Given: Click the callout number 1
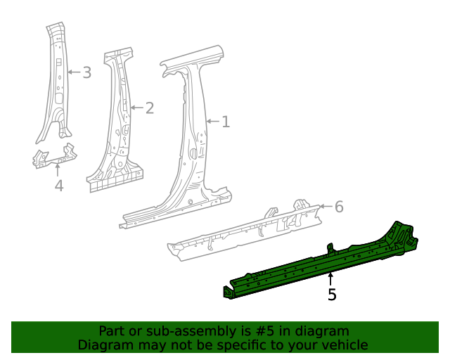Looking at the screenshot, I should click(x=226, y=122).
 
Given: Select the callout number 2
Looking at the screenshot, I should click(x=149, y=108).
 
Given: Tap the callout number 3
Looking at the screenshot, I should click(x=86, y=72).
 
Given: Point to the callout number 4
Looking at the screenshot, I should click(x=59, y=186).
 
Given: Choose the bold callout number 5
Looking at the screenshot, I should click(x=332, y=295).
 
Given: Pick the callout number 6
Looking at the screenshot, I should click(x=339, y=207).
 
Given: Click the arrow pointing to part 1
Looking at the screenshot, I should click(x=213, y=122).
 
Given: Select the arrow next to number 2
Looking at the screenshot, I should click(x=136, y=108).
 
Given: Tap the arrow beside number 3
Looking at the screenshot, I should click(x=74, y=72).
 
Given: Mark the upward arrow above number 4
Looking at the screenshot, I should click(x=59, y=169).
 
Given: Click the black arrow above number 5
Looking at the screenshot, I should click(x=331, y=278).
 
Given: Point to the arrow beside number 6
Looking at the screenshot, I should click(x=326, y=207).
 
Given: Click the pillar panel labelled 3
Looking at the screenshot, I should click(x=56, y=84).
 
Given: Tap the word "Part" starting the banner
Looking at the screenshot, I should click(x=112, y=331).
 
